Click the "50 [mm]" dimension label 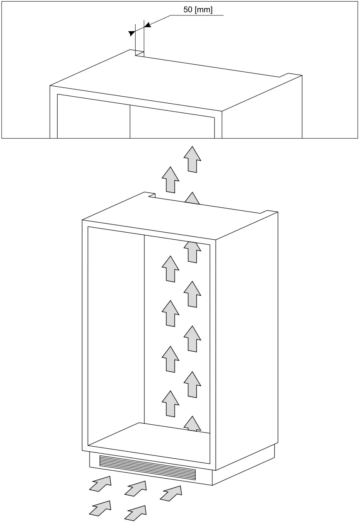pos(198,10)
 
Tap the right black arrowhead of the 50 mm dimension pos(147,25)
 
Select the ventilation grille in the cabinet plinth pos(147,467)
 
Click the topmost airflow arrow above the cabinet pos(192,159)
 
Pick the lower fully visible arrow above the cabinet pos(170,180)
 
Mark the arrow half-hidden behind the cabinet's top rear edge pos(192,199)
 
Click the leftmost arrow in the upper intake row pos(100,484)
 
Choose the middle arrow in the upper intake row pos(136,489)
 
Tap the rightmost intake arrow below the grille pos(171,493)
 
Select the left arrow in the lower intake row pos(100,508)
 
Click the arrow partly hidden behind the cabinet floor pos(192,424)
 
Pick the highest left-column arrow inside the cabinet pos(170,269)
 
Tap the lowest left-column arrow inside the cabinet pos(170,404)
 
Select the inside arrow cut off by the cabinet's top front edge pos(192,252)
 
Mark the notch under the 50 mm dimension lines pos(140,53)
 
